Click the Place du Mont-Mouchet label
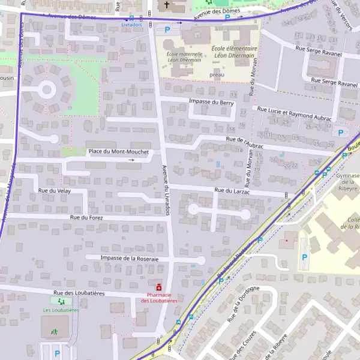pos(118,152)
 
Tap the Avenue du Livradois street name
pos(166,190)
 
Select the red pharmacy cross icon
pos(159,287)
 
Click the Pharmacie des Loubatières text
pos(159,298)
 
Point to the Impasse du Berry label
pos(211,103)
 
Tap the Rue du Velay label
pos(55,190)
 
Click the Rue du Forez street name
pos(86,217)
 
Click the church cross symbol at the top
pos(167,5)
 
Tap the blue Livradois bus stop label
pos(131,25)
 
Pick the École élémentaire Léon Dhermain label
pos(235,52)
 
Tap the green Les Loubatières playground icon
pos(61,301)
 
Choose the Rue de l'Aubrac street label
pos(245,142)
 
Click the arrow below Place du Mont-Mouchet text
pos(131,160)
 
